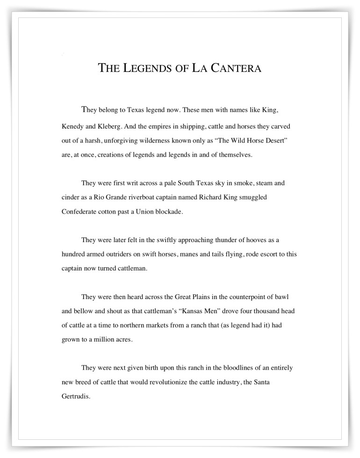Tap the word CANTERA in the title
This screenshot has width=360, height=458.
[233, 68]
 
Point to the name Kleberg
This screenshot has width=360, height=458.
[112, 127]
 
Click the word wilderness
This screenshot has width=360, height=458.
[166, 140]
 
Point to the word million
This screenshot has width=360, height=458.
[103, 339]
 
